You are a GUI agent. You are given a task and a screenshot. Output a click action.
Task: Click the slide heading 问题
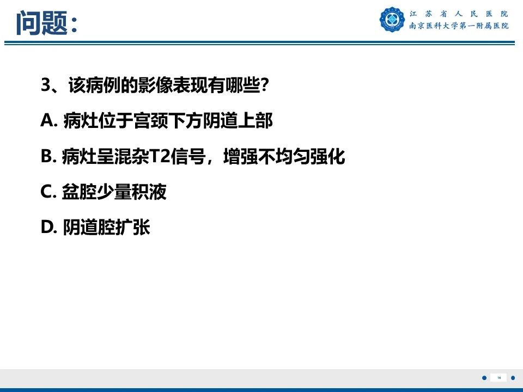click(x=41, y=23)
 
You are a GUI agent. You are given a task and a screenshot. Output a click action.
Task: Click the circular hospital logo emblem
click(x=392, y=19)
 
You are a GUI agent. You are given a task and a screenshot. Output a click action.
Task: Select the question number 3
click(x=46, y=85)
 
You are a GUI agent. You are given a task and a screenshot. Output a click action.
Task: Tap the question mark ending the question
click(x=264, y=85)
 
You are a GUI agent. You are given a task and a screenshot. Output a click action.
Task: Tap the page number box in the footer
click(x=498, y=377)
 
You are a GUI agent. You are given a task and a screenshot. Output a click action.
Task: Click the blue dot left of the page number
click(x=484, y=377)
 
